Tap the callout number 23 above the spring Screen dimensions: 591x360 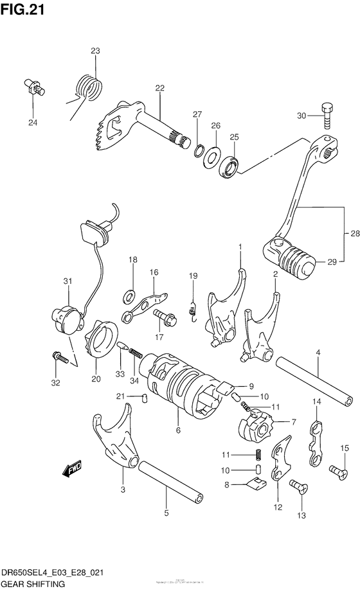pos(95,51)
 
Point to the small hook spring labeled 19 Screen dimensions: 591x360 pos(192,308)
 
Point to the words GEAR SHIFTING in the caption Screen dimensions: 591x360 pos(34,585)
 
